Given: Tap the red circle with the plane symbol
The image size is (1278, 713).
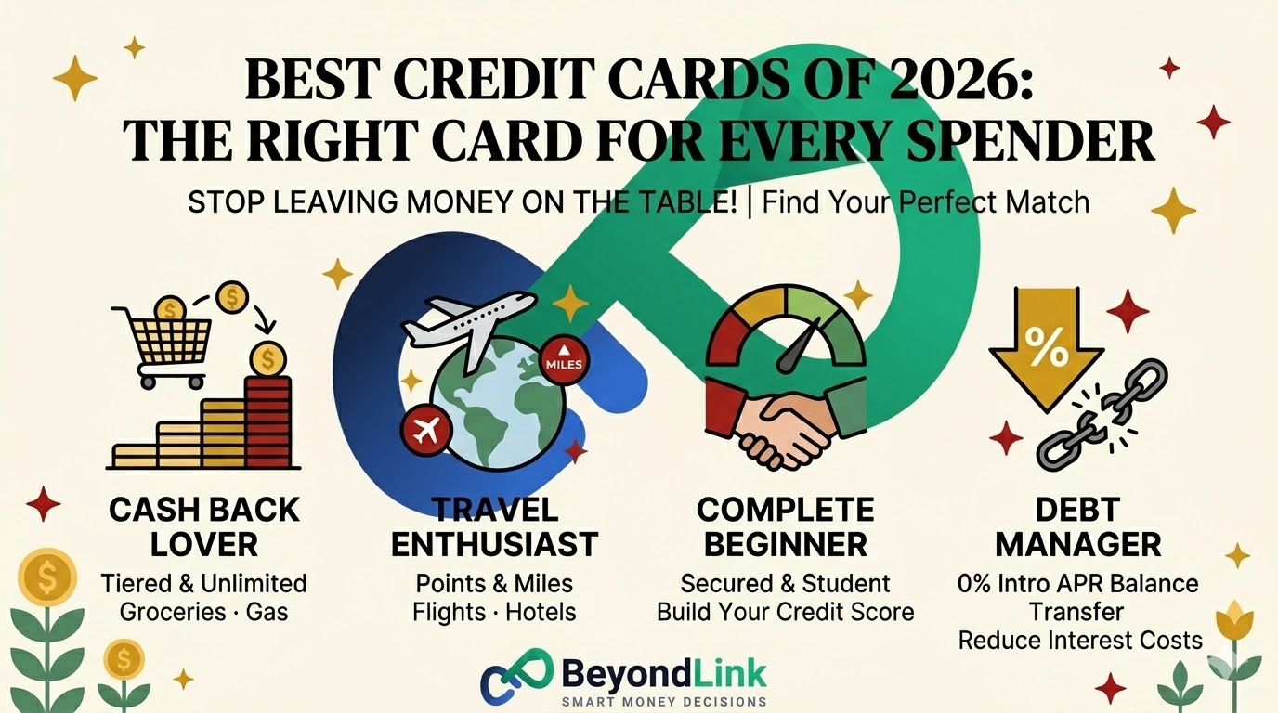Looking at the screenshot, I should point(426,429).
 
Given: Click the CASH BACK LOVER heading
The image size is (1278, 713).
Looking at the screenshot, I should point(204,526).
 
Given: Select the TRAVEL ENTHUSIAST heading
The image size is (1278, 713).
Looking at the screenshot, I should point(494,526).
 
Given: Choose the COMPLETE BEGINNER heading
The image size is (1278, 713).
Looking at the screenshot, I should point(785,526).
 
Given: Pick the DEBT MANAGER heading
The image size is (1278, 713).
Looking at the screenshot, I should point(1077,526).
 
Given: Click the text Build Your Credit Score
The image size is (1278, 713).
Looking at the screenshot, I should point(785,612).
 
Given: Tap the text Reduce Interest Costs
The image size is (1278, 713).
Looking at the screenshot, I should point(1079,640).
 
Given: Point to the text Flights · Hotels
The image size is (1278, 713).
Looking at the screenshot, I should point(494,612).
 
